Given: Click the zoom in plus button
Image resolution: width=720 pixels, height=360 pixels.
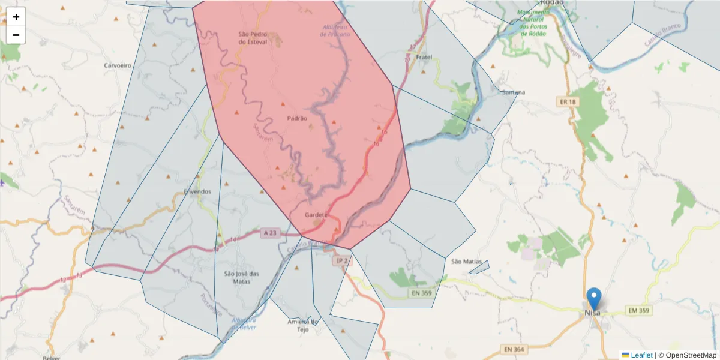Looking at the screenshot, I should pyautogui.click(x=16, y=17).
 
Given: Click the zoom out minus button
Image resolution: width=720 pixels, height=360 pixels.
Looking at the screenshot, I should pyautogui.click(x=16, y=35).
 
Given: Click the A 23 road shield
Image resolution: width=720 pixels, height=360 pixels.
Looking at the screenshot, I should pyautogui.click(x=270, y=233).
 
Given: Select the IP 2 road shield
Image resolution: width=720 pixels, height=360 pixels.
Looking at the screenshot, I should pyautogui.click(x=342, y=260).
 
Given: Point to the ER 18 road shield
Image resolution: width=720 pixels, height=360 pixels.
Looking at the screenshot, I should pyautogui.click(x=568, y=102).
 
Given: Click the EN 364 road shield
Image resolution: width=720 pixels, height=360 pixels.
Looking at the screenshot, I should pyautogui.click(x=514, y=349).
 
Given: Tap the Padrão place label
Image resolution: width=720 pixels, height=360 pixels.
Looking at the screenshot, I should pyautogui.click(x=297, y=118).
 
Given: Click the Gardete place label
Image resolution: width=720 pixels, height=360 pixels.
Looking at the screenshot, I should pyautogui.click(x=316, y=215).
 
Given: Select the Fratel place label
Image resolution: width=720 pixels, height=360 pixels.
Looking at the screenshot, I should pyautogui.click(x=424, y=57).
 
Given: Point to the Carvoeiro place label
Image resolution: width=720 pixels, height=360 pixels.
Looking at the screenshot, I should pyautogui.click(x=118, y=65).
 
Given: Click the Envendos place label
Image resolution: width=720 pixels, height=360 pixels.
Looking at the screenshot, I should pyautogui.click(x=197, y=192).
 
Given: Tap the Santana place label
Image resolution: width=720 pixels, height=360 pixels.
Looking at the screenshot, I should pyautogui.click(x=514, y=92).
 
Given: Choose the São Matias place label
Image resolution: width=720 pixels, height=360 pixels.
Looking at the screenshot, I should pyautogui.click(x=466, y=262).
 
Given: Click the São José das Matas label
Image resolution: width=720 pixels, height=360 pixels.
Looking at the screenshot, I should pyautogui.click(x=242, y=277).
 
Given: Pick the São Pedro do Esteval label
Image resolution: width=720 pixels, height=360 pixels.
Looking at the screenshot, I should pyautogui.click(x=252, y=38).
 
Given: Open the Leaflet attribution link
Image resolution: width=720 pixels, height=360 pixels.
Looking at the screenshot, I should pyautogui.click(x=641, y=355).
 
